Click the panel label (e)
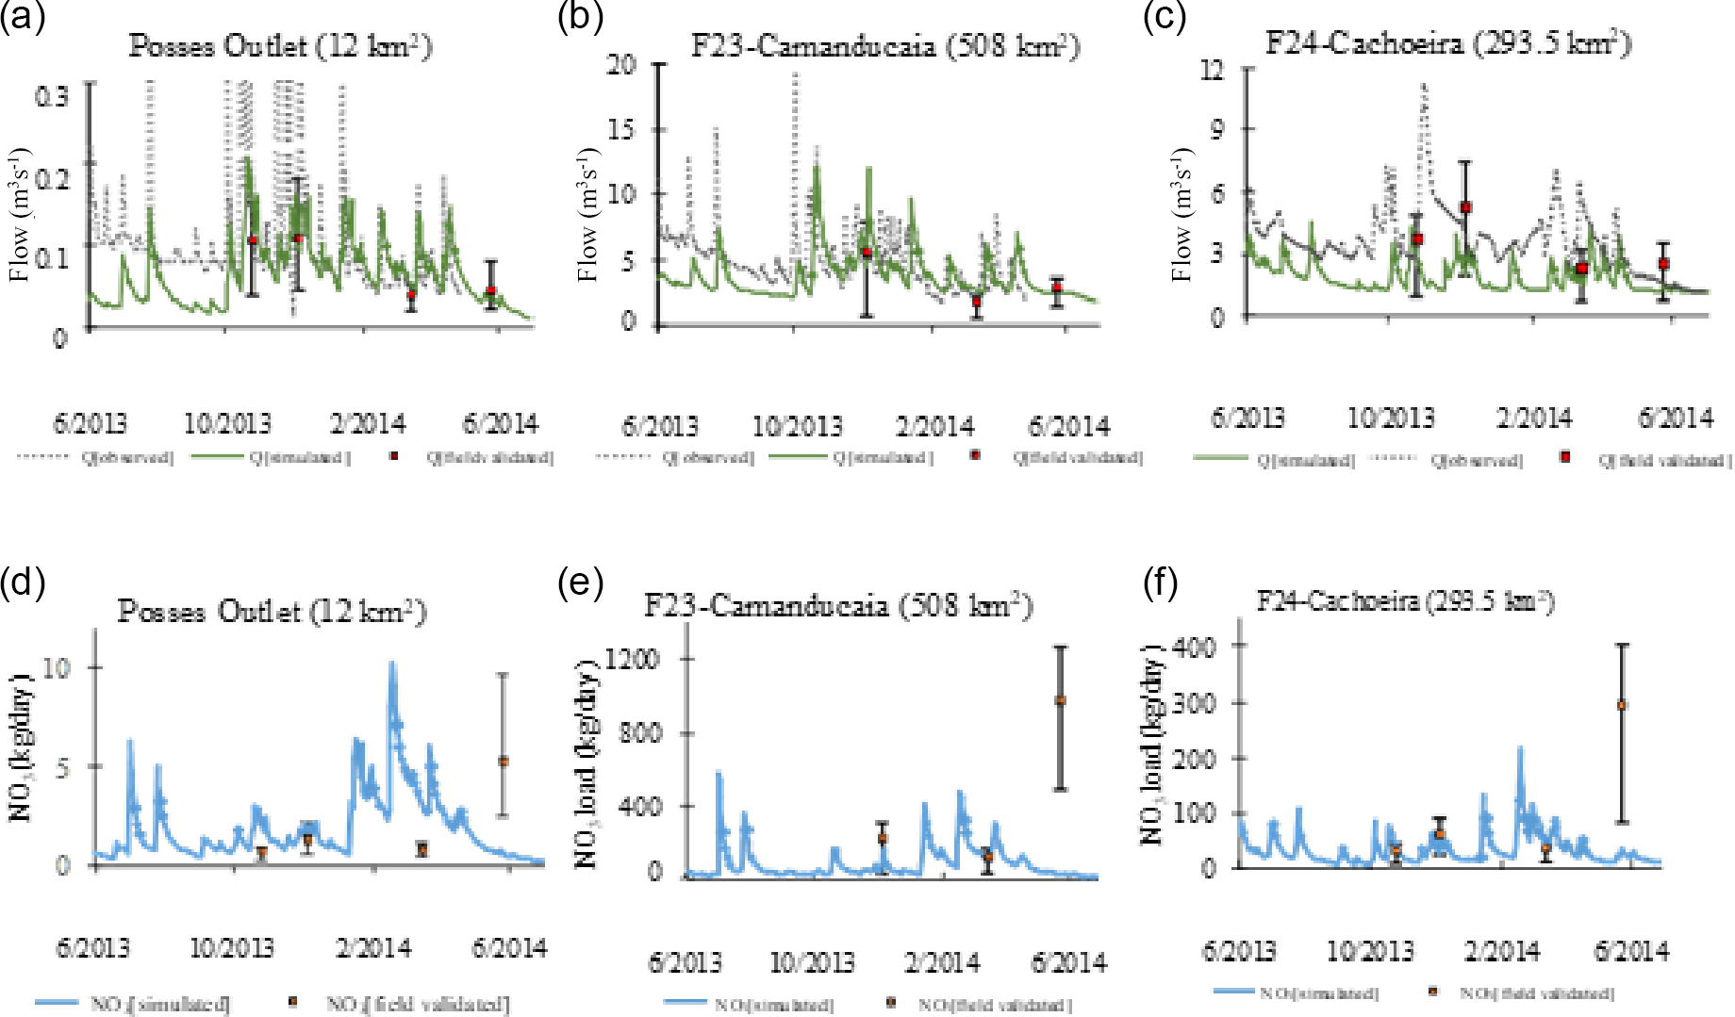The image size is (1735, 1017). click(x=580, y=583)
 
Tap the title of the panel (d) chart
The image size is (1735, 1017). click(x=272, y=613)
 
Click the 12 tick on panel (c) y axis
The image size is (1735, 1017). click(x=1212, y=69)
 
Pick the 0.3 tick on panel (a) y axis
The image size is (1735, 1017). click(x=52, y=95)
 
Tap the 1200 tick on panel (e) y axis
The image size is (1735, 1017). click(x=632, y=659)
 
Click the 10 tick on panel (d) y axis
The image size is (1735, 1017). click(x=57, y=668)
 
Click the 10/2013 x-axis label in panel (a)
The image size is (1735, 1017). click(x=226, y=424)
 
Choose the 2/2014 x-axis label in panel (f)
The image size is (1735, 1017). click(x=1501, y=951)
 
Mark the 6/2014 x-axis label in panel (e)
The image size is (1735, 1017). click(x=1068, y=962)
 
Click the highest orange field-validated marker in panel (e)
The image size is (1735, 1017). click(x=1061, y=700)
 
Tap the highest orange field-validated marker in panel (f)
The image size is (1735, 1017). click(x=1622, y=705)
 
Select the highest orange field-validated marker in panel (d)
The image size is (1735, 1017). click(x=504, y=761)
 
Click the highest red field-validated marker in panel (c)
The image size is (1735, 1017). click(x=1465, y=207)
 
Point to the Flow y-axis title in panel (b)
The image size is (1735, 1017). click(x=589, y=215)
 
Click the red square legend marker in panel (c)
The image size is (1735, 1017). click(x=1565, y=457)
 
